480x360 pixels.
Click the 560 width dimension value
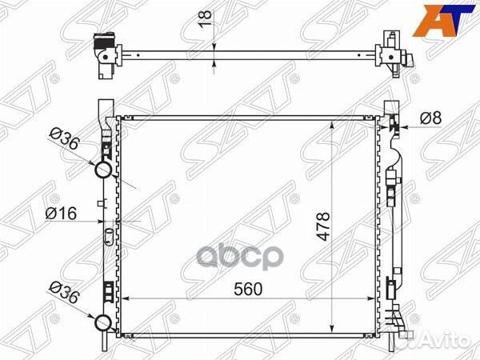248,289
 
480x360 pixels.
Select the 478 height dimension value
323,226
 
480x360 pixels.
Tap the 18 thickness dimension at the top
206,18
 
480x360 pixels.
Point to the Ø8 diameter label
430,118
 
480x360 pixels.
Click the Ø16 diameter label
61,214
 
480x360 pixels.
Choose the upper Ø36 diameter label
65,139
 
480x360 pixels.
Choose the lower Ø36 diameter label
65,292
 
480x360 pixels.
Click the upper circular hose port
103,170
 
